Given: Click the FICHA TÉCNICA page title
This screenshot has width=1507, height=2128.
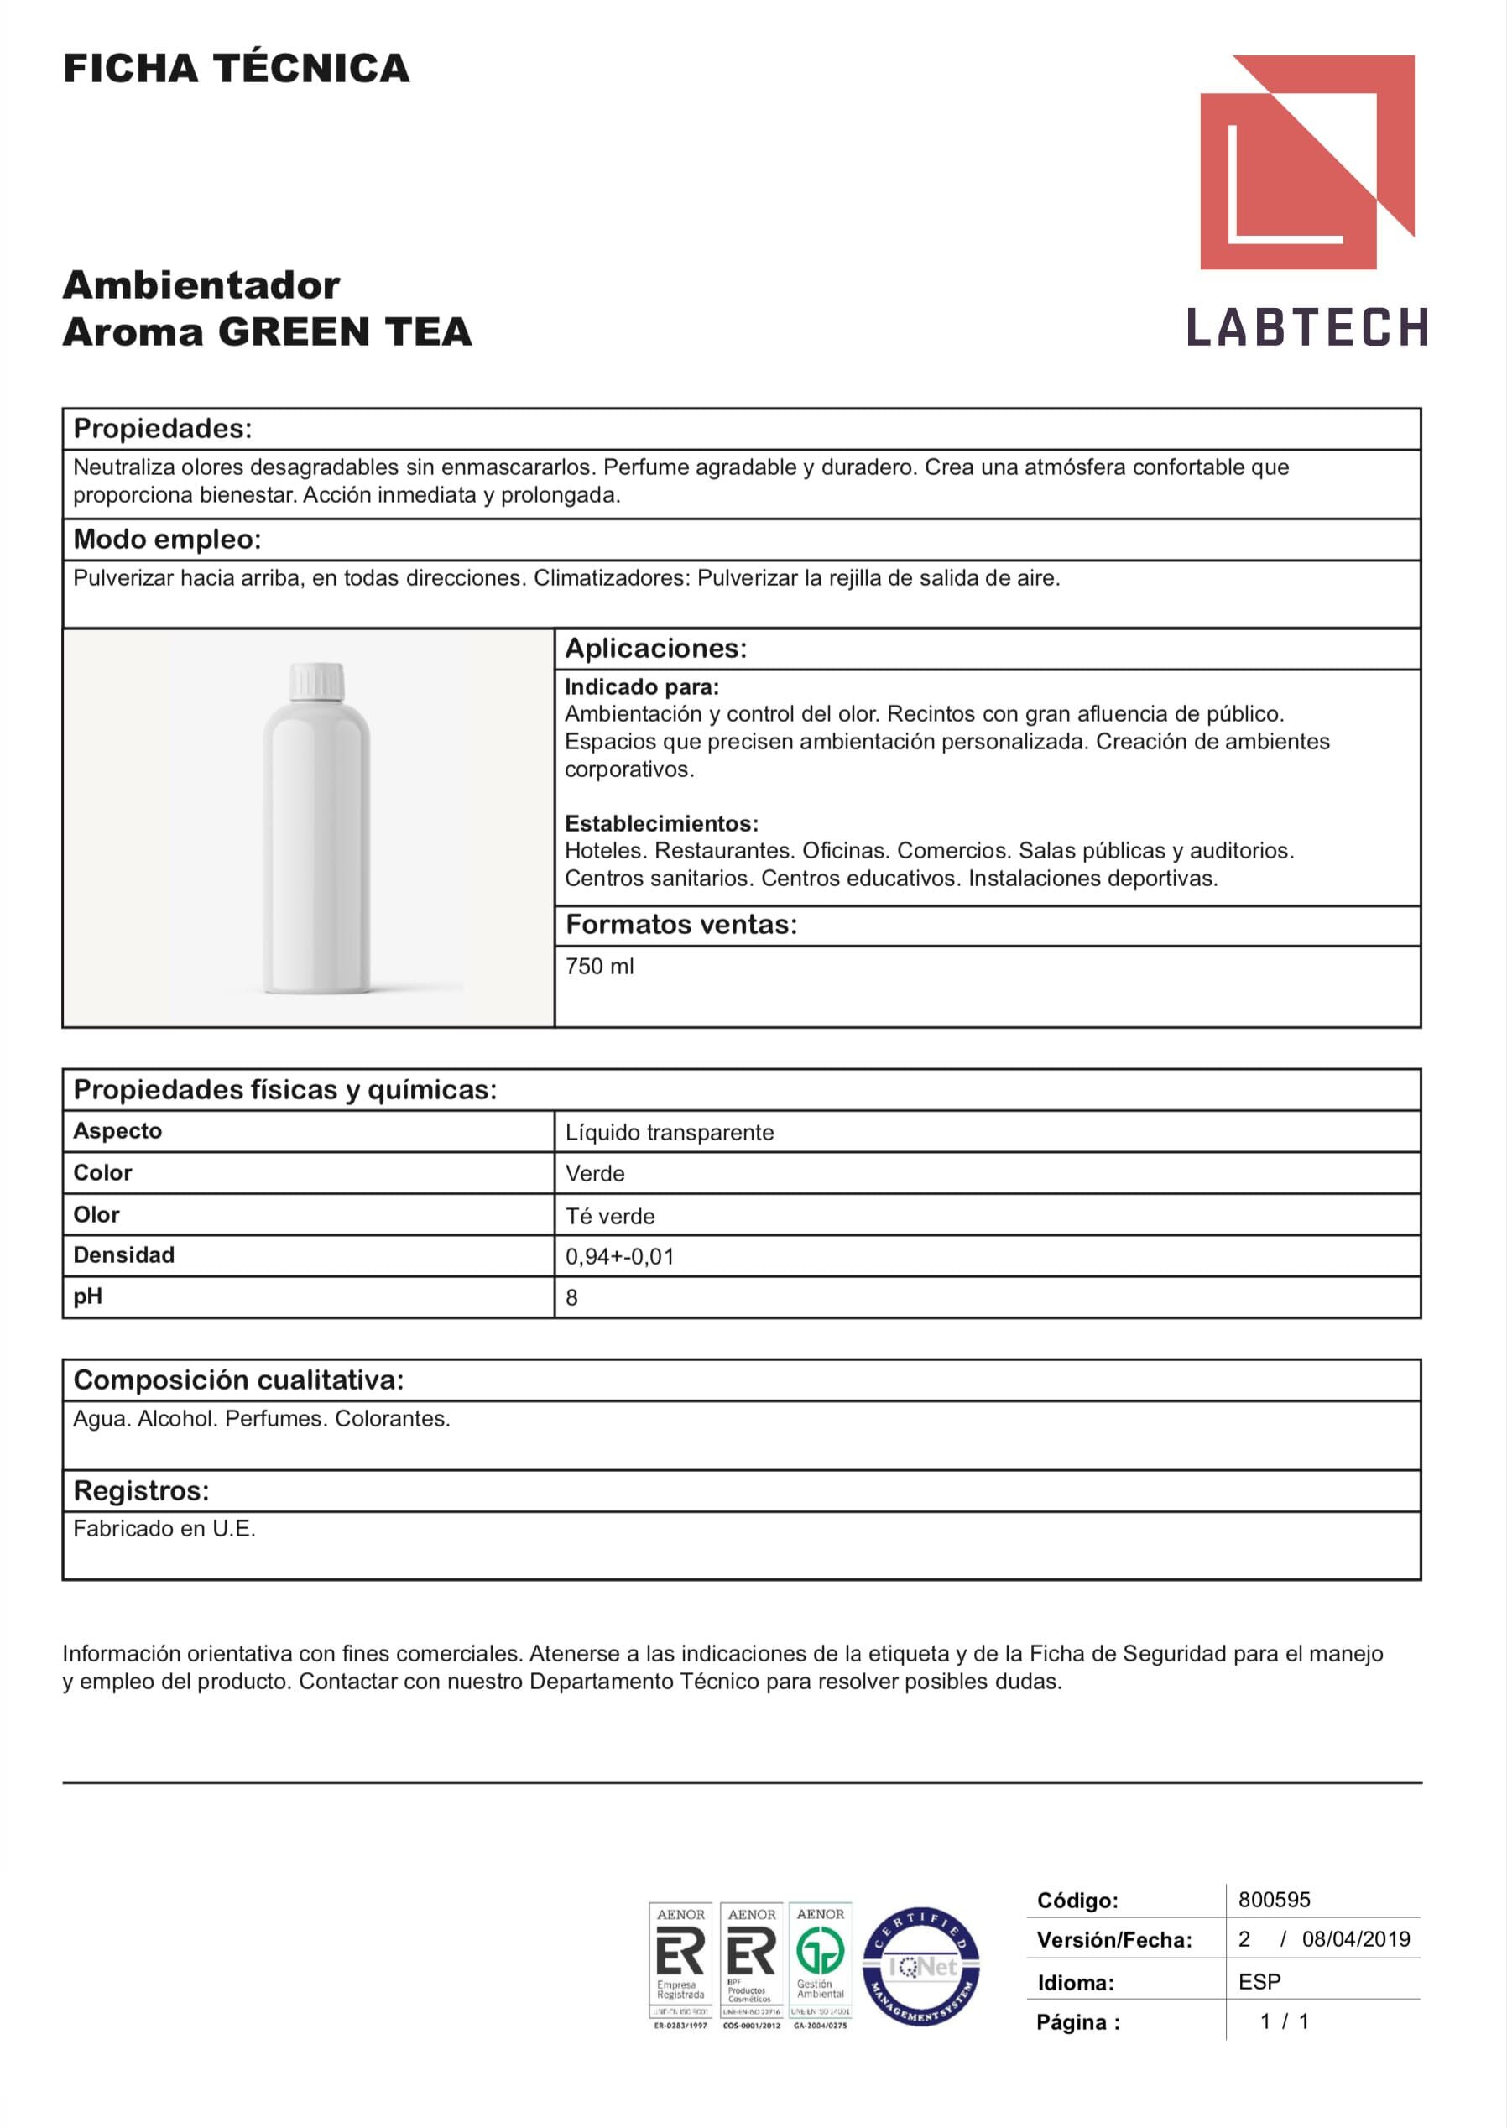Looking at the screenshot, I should point(236,69).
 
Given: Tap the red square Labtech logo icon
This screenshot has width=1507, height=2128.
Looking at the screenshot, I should point(1306,163).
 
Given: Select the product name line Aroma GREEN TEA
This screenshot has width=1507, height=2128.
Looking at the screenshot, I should point(268,332).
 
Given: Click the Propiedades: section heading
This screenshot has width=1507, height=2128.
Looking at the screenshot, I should point(163,429).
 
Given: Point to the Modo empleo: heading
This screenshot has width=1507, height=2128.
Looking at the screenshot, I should point(167,540).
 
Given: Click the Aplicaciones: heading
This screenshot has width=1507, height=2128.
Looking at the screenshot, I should point(655,648).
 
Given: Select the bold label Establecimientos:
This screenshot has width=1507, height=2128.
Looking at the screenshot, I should point(660,823).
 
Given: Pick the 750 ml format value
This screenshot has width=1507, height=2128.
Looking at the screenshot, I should point(599,966).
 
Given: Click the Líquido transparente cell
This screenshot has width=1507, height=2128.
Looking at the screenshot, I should point(669,1132).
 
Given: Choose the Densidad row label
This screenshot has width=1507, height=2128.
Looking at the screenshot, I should point(123,1254).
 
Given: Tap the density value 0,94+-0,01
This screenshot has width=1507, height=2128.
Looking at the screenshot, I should point(619,1256).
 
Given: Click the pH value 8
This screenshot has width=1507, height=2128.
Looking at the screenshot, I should point(571,1297).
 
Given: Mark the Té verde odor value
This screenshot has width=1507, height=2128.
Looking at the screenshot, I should point(610,1216).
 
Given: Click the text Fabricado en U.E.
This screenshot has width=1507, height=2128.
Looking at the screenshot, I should point(164,1529).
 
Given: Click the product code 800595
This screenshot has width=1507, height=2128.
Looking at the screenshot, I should point(1273,1900).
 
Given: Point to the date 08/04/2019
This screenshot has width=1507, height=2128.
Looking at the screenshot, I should point(1355,1938).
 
